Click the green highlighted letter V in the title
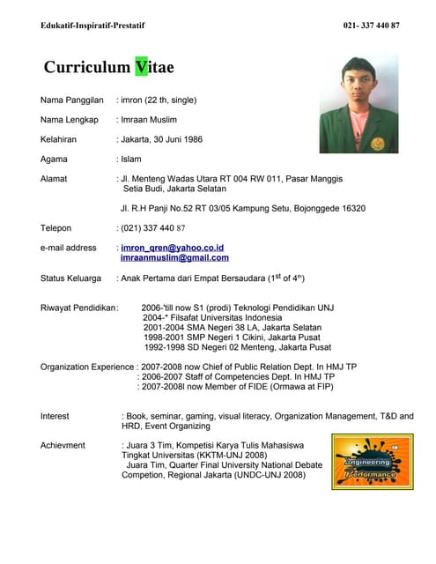tap(142, 67)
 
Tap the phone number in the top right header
tap(371, 26)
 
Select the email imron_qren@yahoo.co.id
tap(173, 248)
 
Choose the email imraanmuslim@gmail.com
tap(174, 258)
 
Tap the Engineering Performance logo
tap(372, 462)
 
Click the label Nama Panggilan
tap(72, 100)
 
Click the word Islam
tap(131, 160)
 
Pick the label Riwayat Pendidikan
tap(78, 308)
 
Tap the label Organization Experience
tap(87, 366)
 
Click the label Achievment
tap(63, 446)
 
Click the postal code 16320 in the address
tap(353, 208)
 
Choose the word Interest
tap(55, 415)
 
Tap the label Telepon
tap(55, 228)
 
